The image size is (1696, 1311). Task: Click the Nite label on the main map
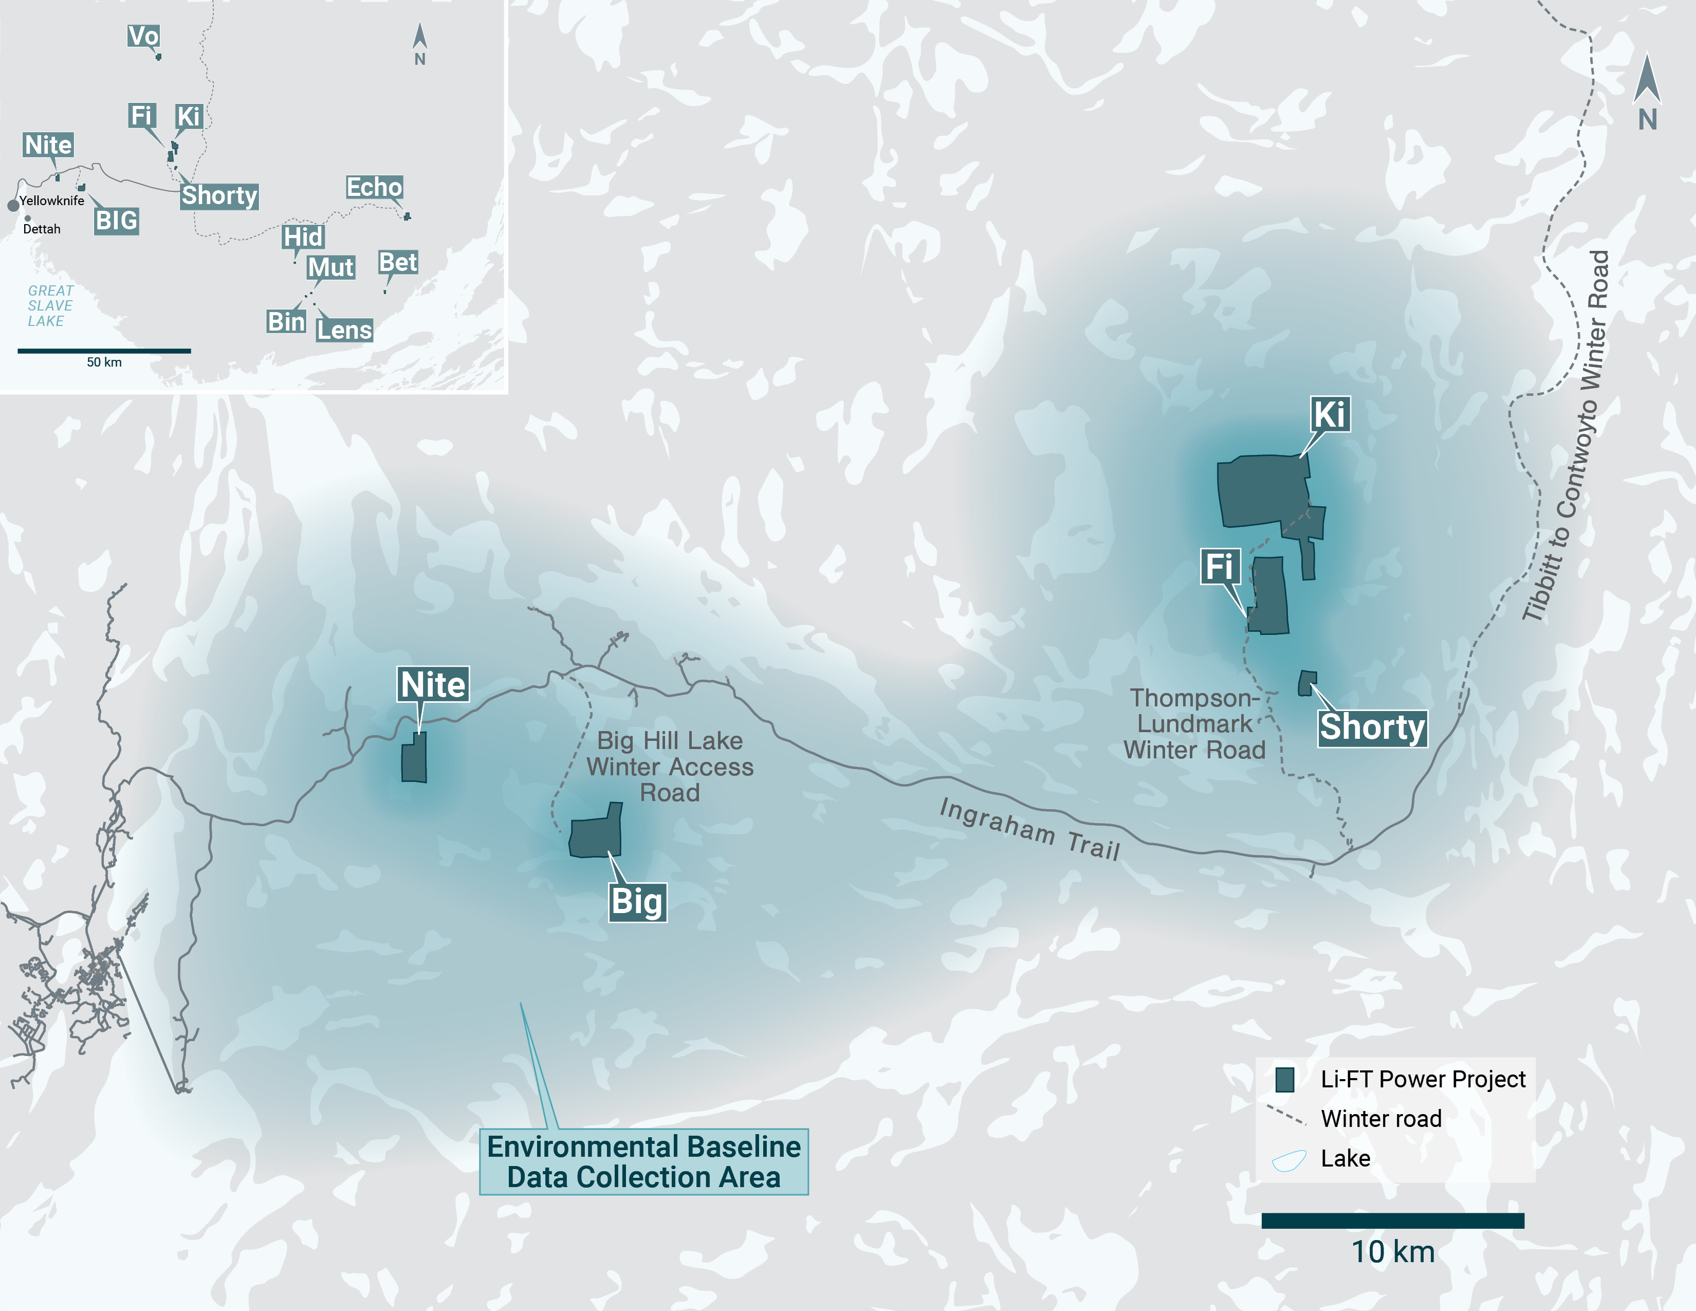coord(433,684)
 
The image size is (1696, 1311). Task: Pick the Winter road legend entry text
coord(1381,1118)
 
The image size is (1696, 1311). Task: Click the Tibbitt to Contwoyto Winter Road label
coord(1567,435)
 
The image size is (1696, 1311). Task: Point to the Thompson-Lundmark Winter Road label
coord(1194,724)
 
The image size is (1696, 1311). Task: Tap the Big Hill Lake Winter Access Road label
coord(669,767)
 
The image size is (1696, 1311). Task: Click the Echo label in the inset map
coord(374,187)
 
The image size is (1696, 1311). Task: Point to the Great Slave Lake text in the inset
coord(50,305)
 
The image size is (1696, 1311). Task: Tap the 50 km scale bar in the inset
coord(104,351)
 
